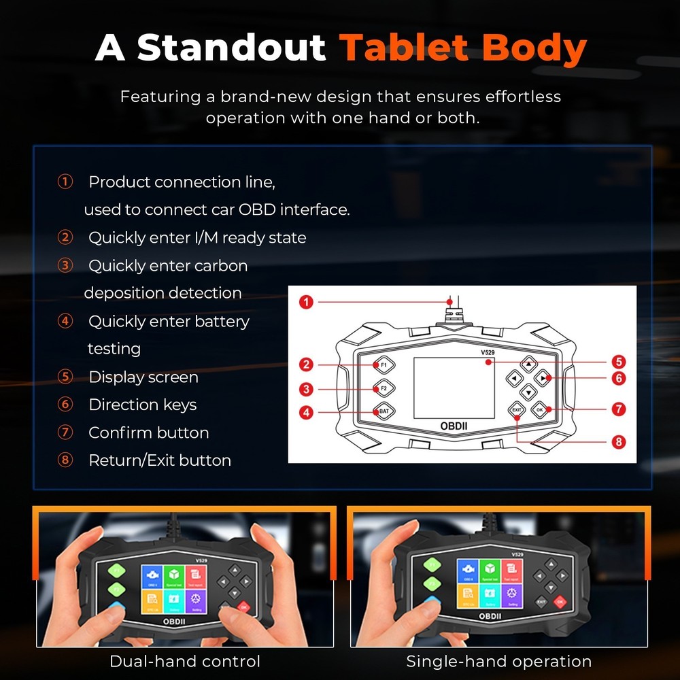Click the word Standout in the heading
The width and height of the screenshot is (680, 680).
(x=232, y=48)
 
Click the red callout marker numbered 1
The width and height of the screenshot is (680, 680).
(x=306, y=301)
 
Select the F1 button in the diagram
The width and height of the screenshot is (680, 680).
(x=384, y=365)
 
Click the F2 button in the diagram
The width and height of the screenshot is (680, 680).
(x=384, y=388)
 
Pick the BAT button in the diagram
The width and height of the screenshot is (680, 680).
(x=384, y=411)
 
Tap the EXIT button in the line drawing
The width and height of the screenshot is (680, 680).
(x=517, y=410)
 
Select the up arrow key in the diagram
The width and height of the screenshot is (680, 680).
(x=528, y=363)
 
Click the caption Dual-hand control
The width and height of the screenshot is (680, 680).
(x=185, y=661)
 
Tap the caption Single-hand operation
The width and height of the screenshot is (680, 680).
(x=498, y=661)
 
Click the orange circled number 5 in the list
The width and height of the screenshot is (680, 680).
(x=65, y=377)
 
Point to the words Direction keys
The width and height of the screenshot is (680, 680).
(x=143, y=405)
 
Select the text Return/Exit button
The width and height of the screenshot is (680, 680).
(x=160, y=460)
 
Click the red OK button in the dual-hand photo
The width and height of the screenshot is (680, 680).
(x=243, y=607)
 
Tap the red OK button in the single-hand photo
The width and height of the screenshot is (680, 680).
(x=560, y=601)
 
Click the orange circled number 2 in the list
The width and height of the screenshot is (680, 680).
(x=65, y=237)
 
